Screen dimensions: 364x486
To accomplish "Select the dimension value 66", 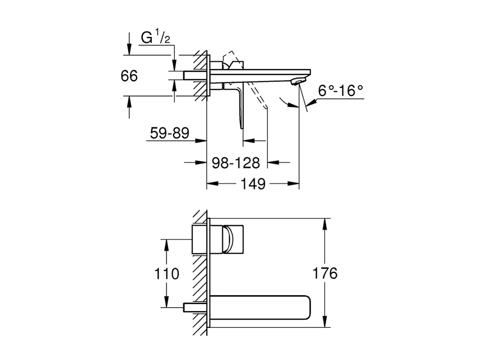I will click(x=129, y=76).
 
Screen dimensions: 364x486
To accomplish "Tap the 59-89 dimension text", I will click(x=169, y=133).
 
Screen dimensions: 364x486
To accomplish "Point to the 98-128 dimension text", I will click(x=236, y=163).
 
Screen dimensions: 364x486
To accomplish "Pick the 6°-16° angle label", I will click(x=341, y=90).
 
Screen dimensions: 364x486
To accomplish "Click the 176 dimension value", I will click(x=326, y=273).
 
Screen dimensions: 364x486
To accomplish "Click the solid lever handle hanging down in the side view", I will click(x=240, y=108).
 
